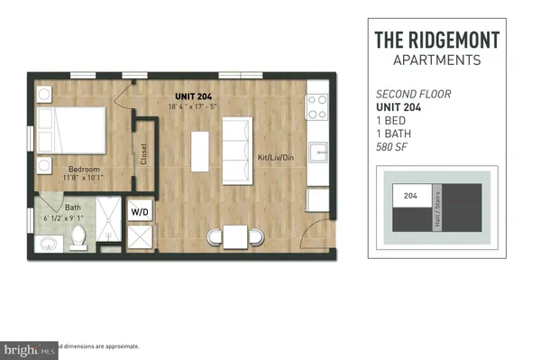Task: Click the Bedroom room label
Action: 83,169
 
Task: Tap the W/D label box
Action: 141,212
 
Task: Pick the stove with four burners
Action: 316,107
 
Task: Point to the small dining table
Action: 235,237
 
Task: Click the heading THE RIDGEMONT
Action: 436,41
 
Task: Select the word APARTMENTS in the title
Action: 436,60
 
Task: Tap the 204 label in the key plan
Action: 410,194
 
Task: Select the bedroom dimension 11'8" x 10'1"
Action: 83,179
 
